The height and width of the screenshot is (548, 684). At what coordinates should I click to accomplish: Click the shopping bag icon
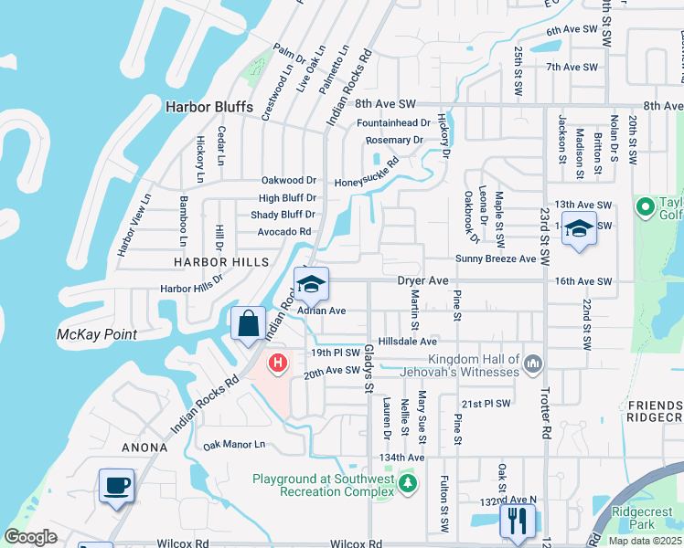pos(249,323)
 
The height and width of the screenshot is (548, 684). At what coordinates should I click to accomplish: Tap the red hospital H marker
pos(278,364)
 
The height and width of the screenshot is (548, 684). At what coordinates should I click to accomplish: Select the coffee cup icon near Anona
pos(118,485)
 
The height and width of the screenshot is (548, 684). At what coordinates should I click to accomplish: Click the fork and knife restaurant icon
pos(517,521)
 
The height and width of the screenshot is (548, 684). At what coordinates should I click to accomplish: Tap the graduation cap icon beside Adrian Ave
pos(311,283)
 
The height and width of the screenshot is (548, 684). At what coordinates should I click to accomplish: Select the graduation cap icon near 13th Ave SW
pos(578,227)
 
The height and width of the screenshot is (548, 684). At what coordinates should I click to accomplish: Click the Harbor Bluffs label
pos(208,107)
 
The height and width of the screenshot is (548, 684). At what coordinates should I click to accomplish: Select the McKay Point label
pos(97,334)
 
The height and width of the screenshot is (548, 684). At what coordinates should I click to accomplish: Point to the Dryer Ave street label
pos(422,281)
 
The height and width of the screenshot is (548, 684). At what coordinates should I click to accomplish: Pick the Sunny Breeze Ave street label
pos(495,259)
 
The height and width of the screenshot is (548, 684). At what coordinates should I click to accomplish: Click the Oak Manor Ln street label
pos(233,445)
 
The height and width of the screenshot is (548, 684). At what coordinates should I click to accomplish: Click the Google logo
pos(31,537)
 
